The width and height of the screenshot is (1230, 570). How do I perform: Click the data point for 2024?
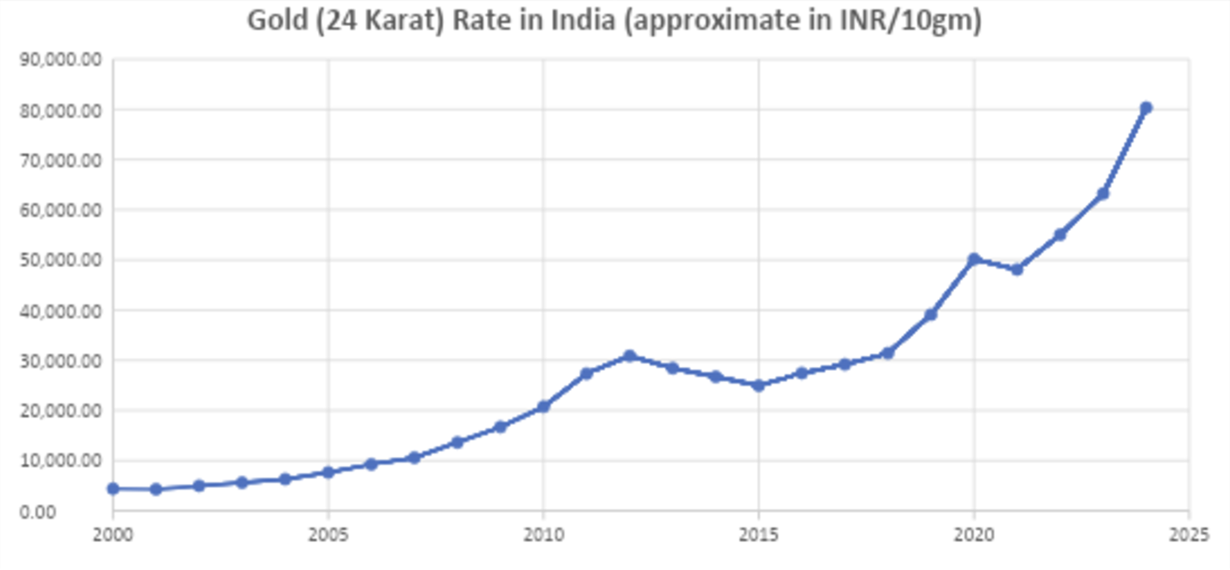[1146, 108]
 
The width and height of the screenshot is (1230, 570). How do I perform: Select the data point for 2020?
[974, 259]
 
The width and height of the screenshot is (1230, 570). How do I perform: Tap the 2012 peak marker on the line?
[629, 356]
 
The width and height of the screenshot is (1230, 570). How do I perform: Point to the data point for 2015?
[758, 385]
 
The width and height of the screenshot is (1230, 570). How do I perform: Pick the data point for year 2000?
[113, 488]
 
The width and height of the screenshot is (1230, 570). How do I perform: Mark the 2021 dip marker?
[1017, 270]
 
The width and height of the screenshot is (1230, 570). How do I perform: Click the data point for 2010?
[543, 406]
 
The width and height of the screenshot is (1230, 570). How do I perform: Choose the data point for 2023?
[1103, 194]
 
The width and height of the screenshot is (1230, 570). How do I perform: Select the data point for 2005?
[328, 472]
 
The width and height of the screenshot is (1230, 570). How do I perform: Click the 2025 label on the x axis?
[1189, 535]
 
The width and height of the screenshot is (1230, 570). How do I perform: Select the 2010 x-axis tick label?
[543, 535]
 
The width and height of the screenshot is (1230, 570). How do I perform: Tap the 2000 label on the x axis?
[113, 535]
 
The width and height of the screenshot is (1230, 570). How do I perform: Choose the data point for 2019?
[931, 315]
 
